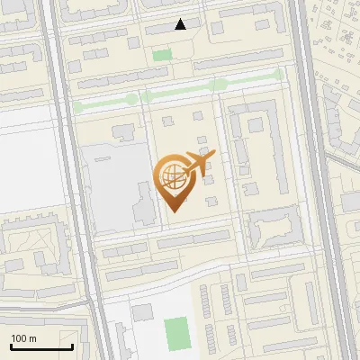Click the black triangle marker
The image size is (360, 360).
[x=181, y=24]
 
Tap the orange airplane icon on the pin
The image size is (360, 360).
[x=199, y=163]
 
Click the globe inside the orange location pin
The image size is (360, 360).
[x=173, y=177]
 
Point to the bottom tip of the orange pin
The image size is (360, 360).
[x=173, y=211]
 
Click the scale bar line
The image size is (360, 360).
[x=41, y=346]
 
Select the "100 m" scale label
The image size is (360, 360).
[x=24, y=338]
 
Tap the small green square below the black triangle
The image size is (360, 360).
[x=162, y=56]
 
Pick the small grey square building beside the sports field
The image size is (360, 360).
[x=142, y=312]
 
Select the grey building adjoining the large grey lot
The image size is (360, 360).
[x=143, y=203]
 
